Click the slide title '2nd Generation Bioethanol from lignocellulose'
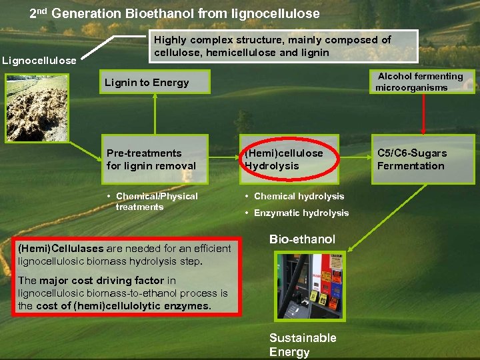click(175, 13)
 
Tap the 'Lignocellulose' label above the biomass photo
click(39, 61)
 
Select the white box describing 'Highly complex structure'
click(283, 47)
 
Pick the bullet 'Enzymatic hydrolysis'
click(301, 213)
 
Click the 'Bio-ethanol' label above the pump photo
click(302, 239)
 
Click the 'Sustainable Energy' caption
click(303, 345)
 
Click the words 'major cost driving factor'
click(103, 281)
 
